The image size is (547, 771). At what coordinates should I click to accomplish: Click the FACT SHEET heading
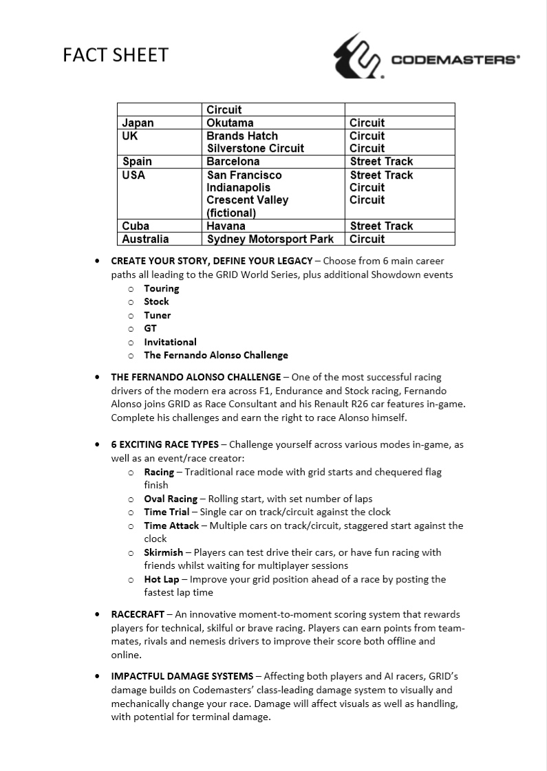[116, 56]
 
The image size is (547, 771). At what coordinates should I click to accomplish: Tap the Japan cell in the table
[138, 123]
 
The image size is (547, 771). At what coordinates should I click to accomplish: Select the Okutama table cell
[230, 123]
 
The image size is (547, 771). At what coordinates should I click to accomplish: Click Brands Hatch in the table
[242, 136]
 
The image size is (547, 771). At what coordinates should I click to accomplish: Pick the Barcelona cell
[233, 162]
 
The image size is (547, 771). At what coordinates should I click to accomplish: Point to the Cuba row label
[136, 226]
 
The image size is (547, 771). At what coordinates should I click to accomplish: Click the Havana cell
[226, 226]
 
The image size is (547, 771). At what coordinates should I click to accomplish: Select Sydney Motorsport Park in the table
[270, 239]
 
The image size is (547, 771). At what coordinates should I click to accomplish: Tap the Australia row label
[145, 239]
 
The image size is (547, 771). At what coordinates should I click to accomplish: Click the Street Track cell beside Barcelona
[381, 162]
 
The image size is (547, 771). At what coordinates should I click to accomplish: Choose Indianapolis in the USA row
[238, 188]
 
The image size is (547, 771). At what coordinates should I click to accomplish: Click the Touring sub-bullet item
[161, 288]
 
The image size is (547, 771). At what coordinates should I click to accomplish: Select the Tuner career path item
[157, 315]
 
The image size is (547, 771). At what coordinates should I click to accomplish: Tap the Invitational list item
[170, 342]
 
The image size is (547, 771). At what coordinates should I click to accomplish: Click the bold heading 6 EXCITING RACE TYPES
[164, 444]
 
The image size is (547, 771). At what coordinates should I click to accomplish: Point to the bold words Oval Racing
[170, 499]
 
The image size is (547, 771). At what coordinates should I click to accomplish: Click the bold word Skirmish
[163, 552]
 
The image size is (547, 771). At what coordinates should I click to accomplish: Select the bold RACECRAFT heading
[138, 614]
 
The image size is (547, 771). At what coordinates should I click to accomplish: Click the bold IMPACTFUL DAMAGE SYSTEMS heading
[182, 676]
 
